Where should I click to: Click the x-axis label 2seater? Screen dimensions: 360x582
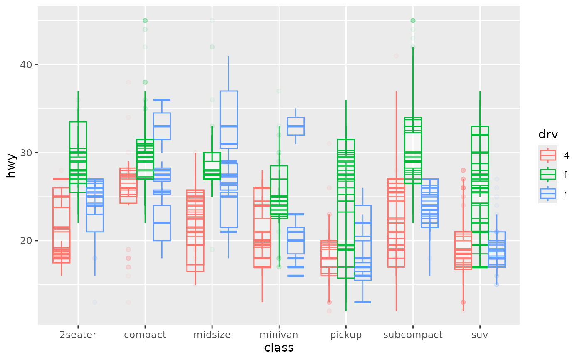point(78,335)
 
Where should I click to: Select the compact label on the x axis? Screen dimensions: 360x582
point(145,335)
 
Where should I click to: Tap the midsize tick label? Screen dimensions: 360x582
point(212,335)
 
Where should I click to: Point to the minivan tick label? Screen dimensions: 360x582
point(279,335)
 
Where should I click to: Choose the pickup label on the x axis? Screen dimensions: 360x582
point(346,335)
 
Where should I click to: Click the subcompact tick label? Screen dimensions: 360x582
point(413,335)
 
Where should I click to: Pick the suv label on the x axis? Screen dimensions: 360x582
point(480,335)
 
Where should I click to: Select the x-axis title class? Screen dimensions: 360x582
point(279,348)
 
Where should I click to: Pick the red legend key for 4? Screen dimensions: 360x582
point(547,155)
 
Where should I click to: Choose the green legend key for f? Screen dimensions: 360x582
point(547,174)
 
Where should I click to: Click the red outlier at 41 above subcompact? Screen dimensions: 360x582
point(396,56)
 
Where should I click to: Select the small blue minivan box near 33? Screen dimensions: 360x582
point(296,126)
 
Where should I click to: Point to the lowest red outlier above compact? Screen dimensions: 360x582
point(128,302)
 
